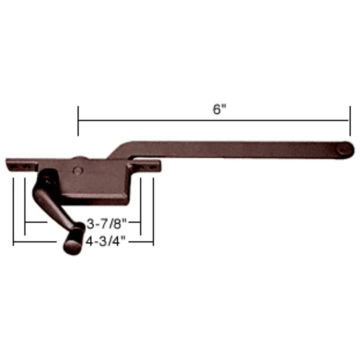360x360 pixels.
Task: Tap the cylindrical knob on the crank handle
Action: point(73,240)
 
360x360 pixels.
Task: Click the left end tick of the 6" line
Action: point(78,121)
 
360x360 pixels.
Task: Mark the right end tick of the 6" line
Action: point(348,121)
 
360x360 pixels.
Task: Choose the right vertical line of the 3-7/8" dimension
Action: point(141,205)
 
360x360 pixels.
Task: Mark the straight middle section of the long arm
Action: point(235,148)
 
